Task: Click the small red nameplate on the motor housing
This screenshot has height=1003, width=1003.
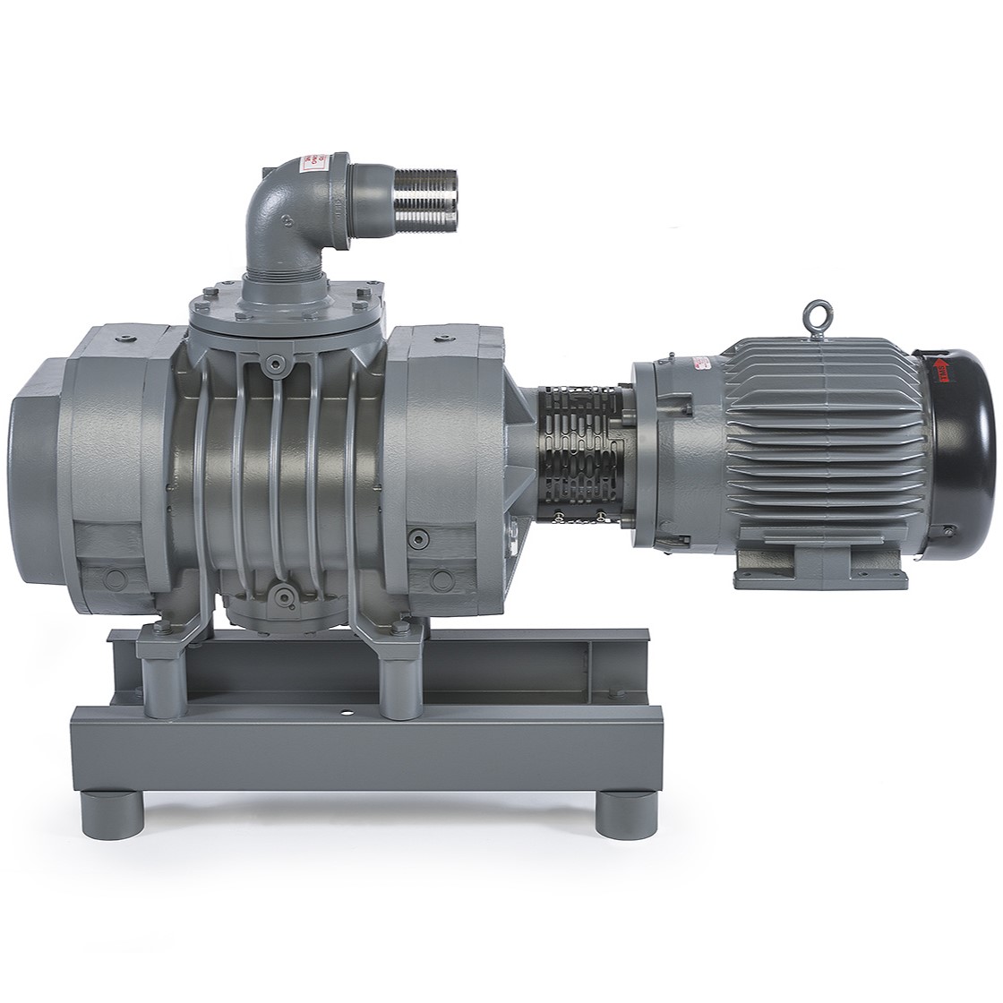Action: pyautogui.click(x=699, y=361)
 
